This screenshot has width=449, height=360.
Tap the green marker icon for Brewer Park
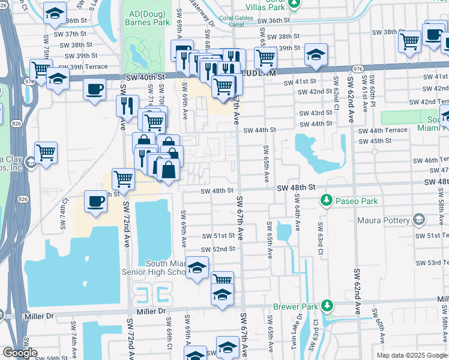tap(327, 306)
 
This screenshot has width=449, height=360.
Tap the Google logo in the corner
tap(19, 353)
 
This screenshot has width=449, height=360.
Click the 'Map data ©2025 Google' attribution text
tap(411, 355)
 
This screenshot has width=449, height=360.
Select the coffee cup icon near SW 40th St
tap(95, 90)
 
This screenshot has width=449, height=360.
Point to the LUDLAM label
tap(259, 73)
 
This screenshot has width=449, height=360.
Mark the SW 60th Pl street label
tap(372, 90)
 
